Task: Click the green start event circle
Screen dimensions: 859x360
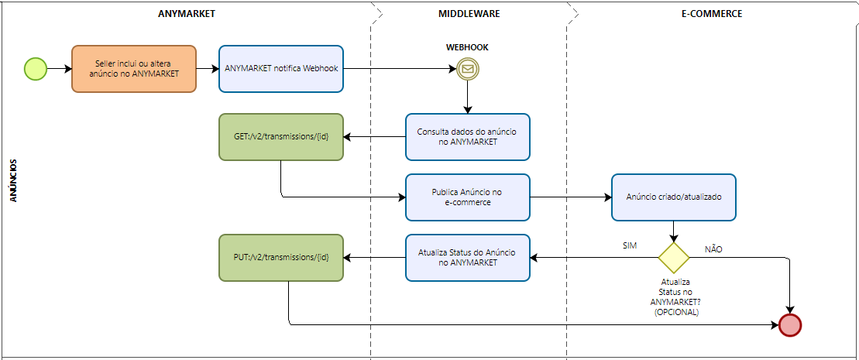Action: [36, 69]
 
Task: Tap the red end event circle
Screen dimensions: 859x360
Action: [790, 325]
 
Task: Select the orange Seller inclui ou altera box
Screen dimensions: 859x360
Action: [134, 69]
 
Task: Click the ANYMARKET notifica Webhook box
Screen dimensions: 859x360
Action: [281, 69]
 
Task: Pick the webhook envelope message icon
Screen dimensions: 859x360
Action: [468, 69]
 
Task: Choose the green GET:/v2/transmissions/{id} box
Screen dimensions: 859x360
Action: [281, 137]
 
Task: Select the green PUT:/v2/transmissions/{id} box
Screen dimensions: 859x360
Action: [281, 258]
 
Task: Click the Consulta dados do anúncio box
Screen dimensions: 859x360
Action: [468, 137]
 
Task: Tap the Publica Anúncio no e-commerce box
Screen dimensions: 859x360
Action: [468, 197]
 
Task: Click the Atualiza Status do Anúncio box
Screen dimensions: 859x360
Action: [468, 258]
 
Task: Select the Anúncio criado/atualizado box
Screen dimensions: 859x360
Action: [673, 197]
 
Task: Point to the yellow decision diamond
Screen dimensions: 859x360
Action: [673, 258]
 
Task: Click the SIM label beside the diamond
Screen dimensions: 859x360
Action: [630, 245]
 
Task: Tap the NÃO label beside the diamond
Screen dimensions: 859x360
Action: [713, 249]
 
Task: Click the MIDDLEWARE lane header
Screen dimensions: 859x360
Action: [469, 14]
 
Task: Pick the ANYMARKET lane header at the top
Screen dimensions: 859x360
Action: [186, 14]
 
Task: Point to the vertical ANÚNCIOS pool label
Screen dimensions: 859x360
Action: [14, 180]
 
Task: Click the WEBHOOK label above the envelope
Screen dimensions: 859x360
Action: [467, 47]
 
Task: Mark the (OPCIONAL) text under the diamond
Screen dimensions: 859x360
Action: [676, 312]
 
